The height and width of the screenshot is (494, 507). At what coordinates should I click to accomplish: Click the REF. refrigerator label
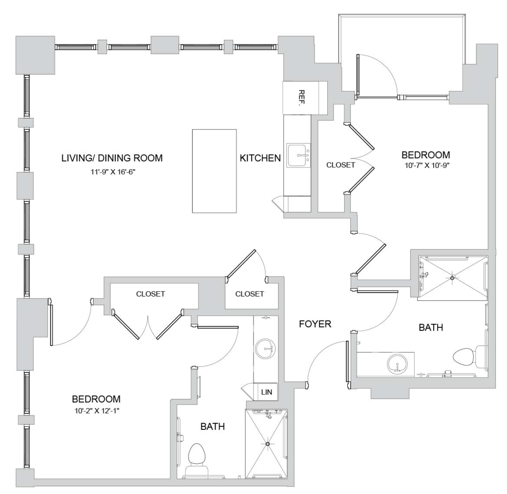[301, 98]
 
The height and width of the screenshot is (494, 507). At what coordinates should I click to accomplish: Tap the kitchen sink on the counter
[298, 155]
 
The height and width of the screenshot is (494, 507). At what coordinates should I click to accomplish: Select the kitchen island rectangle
[214, 171]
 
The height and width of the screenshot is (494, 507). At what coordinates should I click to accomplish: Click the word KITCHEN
[260, 158]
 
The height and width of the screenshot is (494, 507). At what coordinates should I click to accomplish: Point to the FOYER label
[315, 324]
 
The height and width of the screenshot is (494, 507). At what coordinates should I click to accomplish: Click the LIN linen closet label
[266, 392]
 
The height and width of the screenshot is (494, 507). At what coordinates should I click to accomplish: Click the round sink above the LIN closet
[265, 349]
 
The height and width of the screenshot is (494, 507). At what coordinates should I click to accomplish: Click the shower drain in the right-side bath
[452, 278]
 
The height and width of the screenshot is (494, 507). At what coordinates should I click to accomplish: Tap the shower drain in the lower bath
[267, 444]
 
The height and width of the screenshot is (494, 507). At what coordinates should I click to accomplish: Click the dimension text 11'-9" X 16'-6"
[113, 172]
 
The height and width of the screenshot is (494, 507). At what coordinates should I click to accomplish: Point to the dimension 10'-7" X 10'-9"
[427, 166]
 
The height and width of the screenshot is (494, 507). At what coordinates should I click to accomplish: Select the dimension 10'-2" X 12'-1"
[97, 411]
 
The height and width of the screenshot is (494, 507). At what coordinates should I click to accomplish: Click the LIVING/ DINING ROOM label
[112, 158]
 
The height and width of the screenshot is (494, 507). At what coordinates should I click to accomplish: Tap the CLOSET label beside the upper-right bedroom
[341, 165]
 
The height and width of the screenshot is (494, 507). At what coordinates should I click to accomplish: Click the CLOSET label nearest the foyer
[250, 294]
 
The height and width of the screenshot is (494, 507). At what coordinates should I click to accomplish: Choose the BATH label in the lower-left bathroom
[212, 427]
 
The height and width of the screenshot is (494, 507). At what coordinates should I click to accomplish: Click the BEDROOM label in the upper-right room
[426, 155]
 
